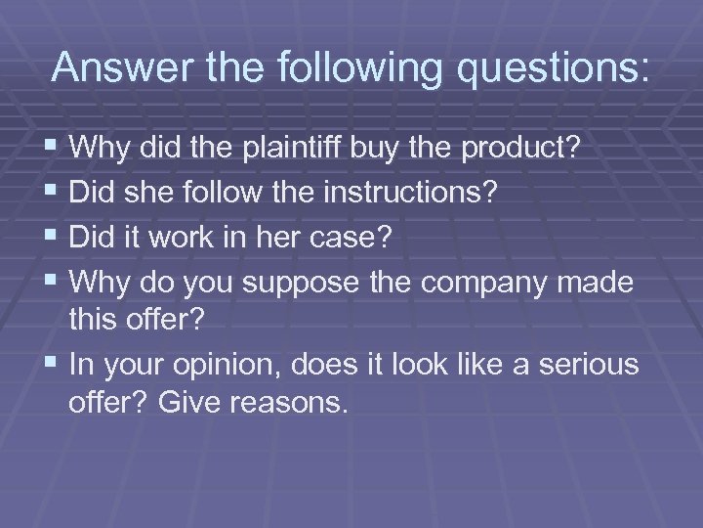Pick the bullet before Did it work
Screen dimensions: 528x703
53,237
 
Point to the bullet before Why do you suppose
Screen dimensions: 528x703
53,280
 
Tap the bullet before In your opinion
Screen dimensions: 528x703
53,366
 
